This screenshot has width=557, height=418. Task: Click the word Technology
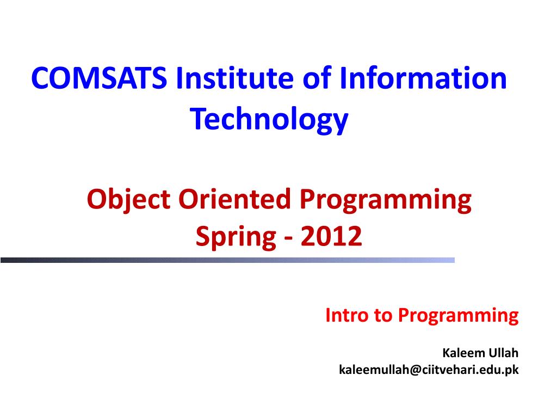pyautogui.click(x=269, y=119)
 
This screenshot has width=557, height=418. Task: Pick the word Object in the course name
pyautogui.click(x=128, y=200)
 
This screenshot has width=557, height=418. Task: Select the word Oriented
pyautogui.click(x=234, y=199)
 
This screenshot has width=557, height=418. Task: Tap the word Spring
pyautogui.click(x=236, y=237)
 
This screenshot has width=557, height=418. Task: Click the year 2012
pyautogui.click(x=331, y=236)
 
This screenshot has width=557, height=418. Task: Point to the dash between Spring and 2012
pyautogui.click(x=288, y=238)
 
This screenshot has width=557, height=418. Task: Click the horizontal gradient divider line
pyautogui.click(x=227, y=260)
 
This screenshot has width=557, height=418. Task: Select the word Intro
pyautogui.click(x=346, y=315)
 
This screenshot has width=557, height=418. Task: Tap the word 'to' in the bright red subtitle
pyautogui.click(x=382, y=316)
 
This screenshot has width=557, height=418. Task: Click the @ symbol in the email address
pyautogui.click(x=416, y=370)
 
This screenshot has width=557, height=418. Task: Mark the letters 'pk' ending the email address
pyautogui.click(x=512, y=370)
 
